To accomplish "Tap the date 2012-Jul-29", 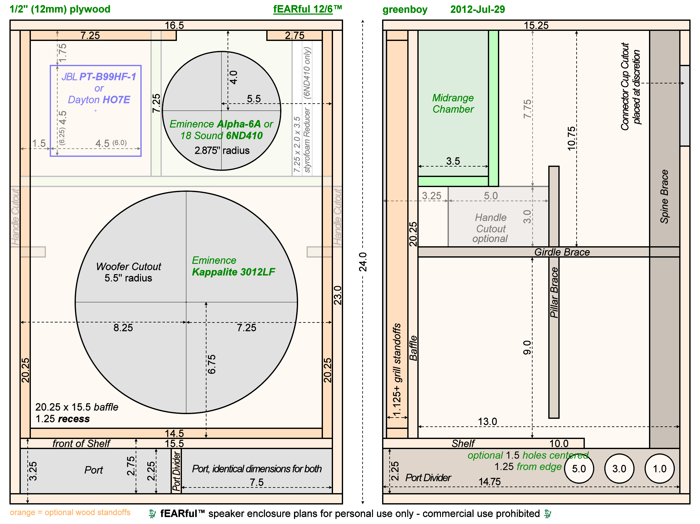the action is pos(477,9).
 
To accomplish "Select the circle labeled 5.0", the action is pos(579,469).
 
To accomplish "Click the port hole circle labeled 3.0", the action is pos(619,469).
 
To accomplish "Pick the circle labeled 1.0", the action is pos(660,469).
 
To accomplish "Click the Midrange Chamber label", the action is pos(453,104).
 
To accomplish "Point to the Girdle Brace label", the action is pos(562,252).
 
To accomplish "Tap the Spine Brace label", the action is pos(664,196).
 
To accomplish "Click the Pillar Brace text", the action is pos(554,293).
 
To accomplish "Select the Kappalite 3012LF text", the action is pos(234,272).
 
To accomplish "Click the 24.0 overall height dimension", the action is pos(363,262).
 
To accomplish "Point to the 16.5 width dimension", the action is pos(174,25).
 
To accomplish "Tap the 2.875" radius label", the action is pos(222,151).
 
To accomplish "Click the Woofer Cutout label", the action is pos(128,267).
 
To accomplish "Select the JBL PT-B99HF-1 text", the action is pos(99,77).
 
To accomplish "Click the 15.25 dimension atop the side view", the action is pos(536,25).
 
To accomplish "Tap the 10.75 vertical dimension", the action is pos(572,138).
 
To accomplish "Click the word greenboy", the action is pos(405,9).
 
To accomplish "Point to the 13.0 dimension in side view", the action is pos(487,422).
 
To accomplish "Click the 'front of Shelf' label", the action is pos(81,444).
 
